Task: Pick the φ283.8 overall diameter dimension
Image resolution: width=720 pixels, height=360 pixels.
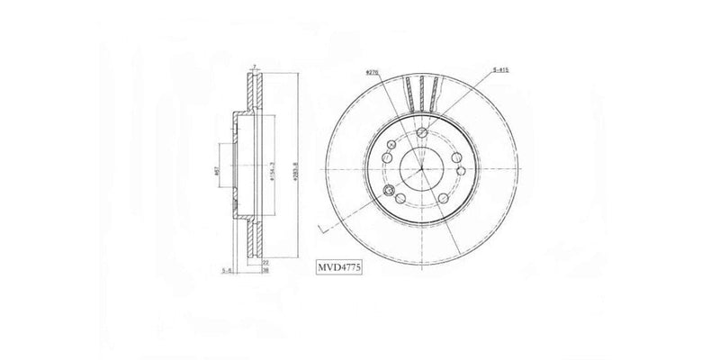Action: click(297, 168)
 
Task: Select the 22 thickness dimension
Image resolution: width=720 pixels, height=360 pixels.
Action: click(265, 260)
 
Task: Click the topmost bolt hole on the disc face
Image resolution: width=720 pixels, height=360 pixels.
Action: click(422, 134)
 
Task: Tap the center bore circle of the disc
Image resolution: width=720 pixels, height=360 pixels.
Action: click(422, 167)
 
